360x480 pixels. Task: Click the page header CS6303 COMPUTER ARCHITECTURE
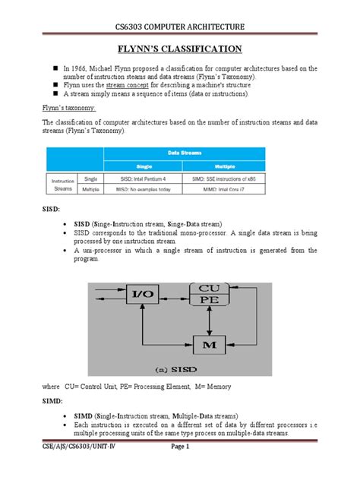point(179,28)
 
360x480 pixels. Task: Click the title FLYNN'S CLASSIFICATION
point(179,51)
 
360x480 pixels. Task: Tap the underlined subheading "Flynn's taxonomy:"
point(68,109)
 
